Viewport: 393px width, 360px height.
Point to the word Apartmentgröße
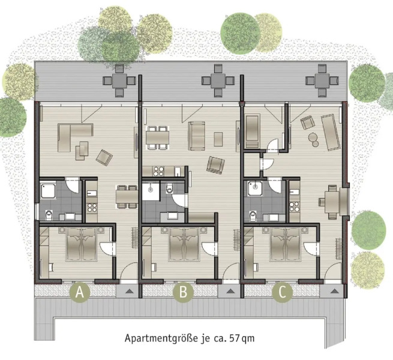pyautogui.click(x=157, y=338)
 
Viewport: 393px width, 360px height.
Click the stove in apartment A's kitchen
pyautogui.click(x=92, y=209)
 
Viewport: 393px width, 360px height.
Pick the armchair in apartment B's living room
pyautogui.click(x=214, y=163)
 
